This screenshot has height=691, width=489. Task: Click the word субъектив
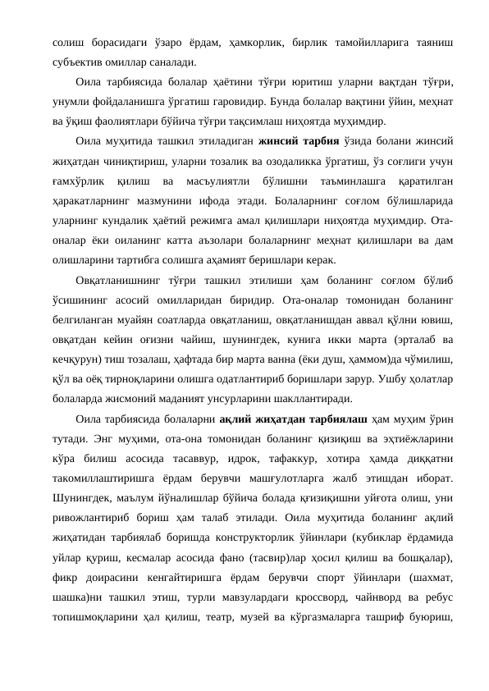click(68, 62)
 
